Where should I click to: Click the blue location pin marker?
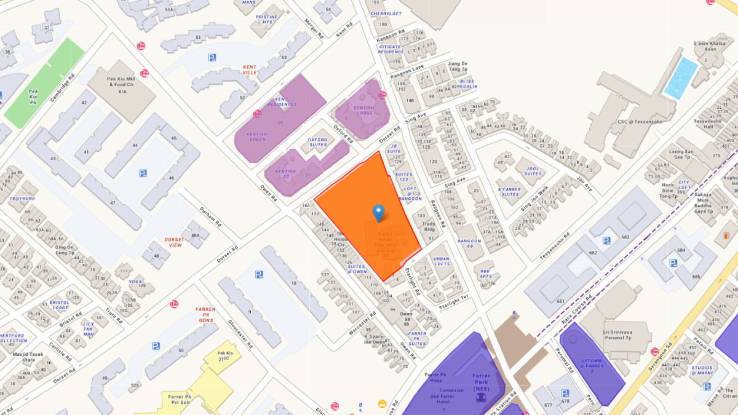[378, 212]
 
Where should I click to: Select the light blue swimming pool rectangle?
[681, 78]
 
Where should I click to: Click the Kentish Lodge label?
[363, 111]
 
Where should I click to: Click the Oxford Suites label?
[317, 142]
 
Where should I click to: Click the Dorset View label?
[173, 242]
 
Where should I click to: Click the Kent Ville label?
[250, 69]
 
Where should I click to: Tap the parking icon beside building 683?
[607, 240]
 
